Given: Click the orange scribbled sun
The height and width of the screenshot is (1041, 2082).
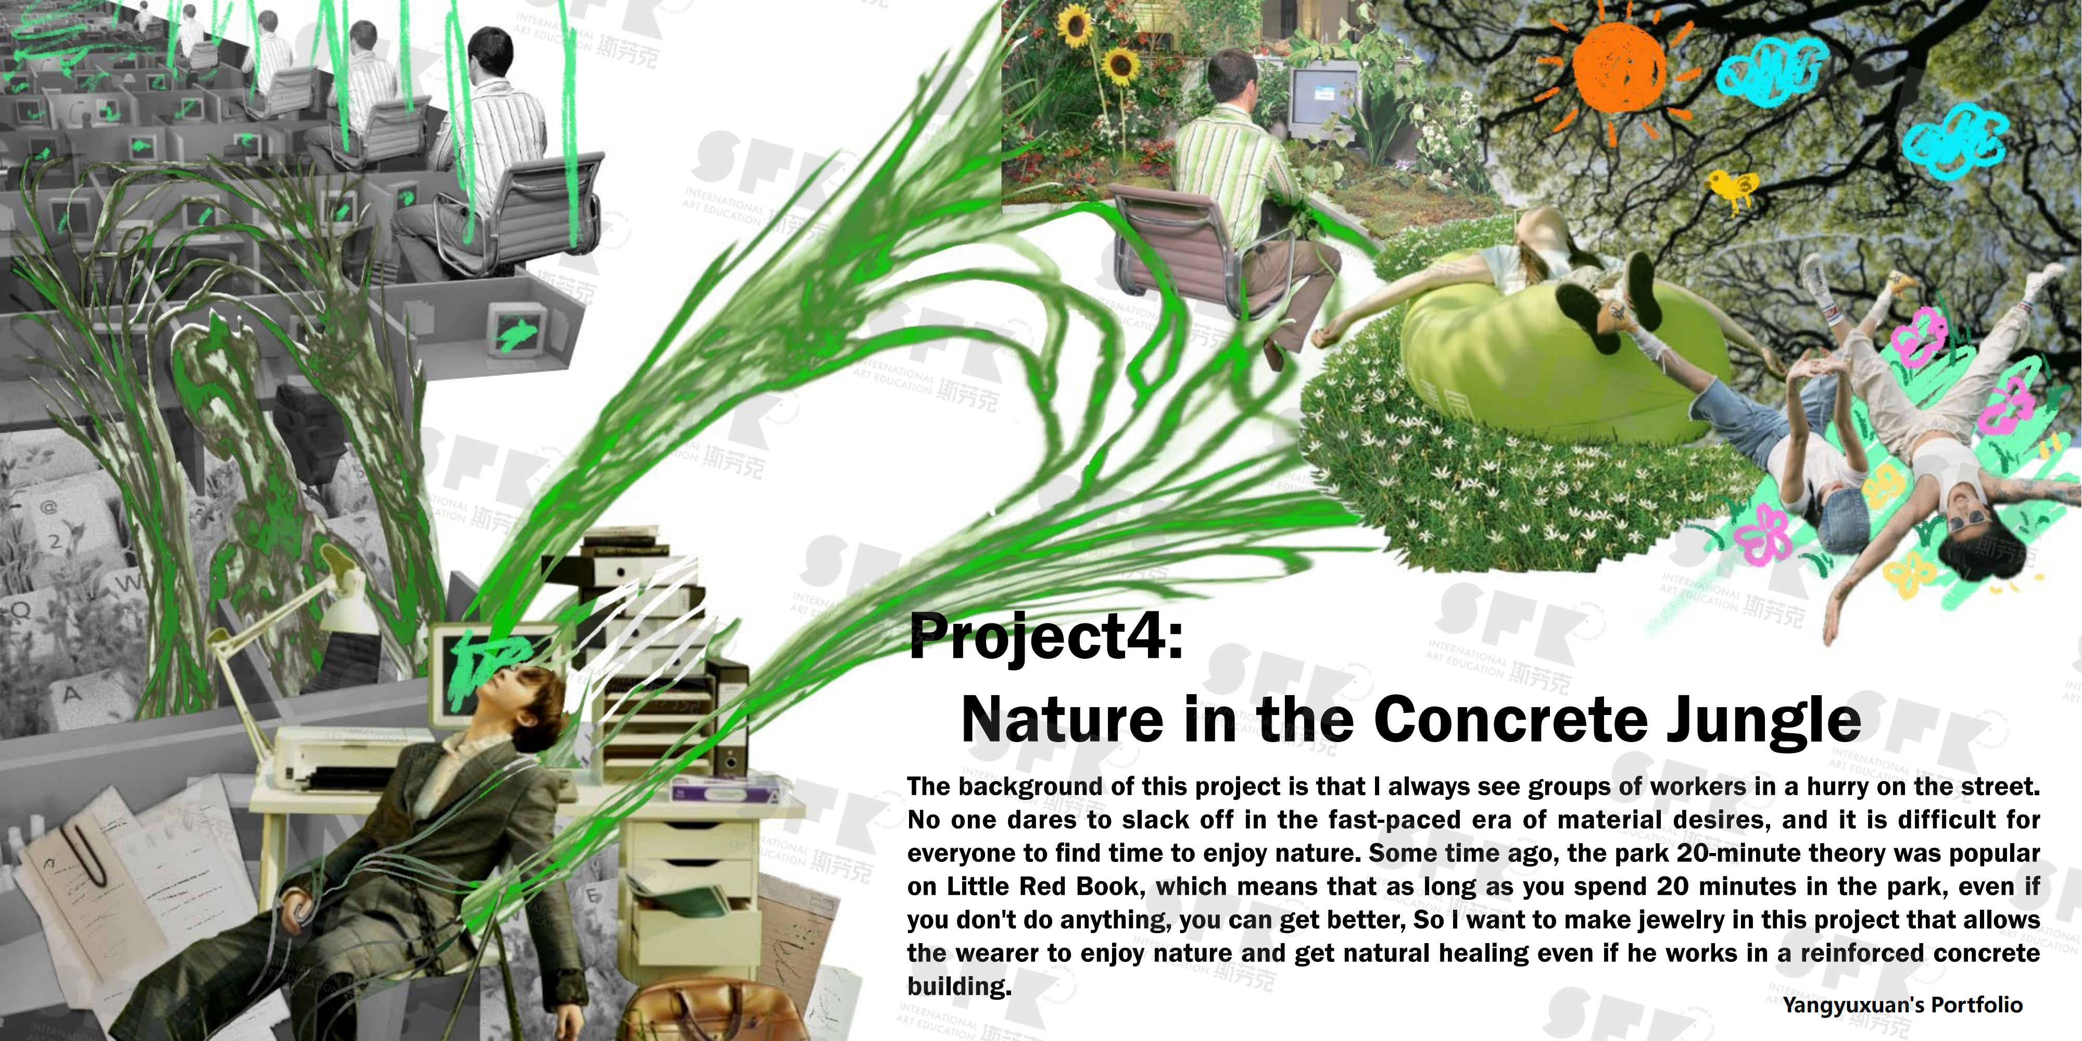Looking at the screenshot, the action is click(1619, 67).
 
